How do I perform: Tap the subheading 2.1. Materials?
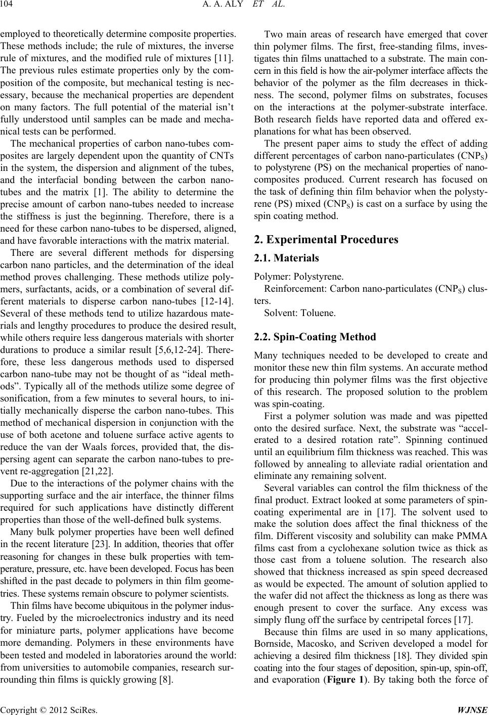(286, 258)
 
